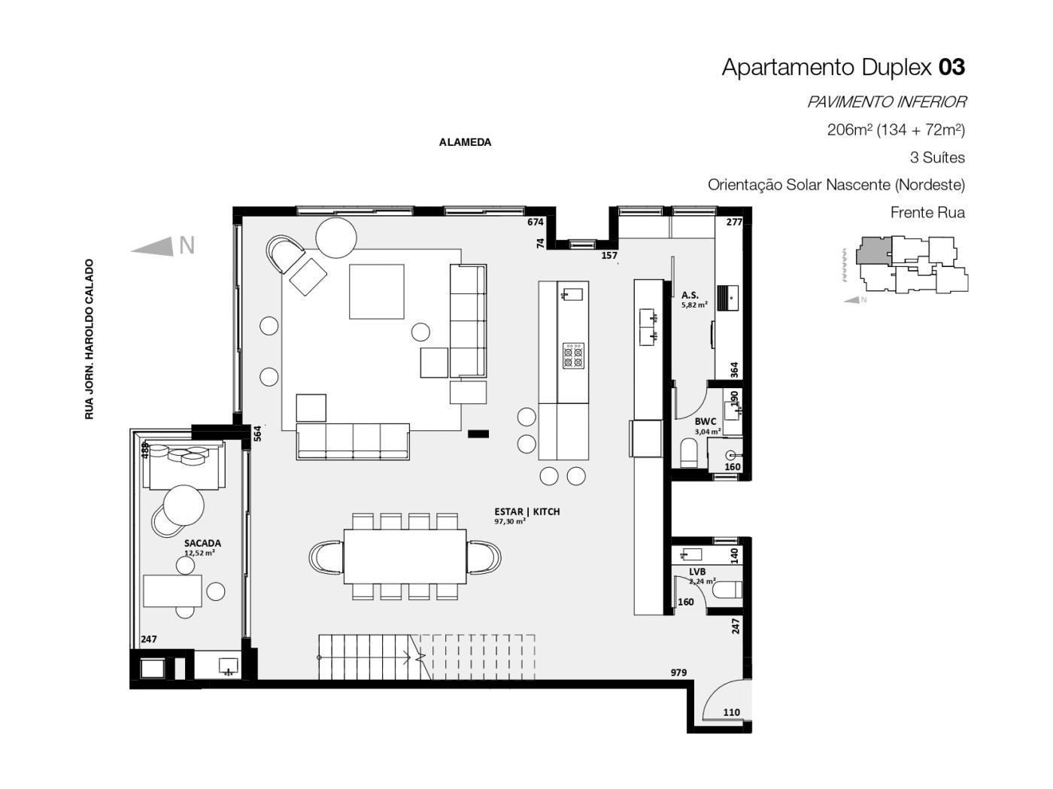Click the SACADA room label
(x=202, y=543)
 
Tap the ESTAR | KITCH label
(x=526, y=511)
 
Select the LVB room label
(x=696, y=571)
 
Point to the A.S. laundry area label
(x=690, y=295)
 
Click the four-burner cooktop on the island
(x=573, y=356)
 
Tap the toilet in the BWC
(x=689, y=453)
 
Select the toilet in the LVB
(x=727, y=590)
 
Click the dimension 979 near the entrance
(x=678, y=672)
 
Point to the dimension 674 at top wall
(x=535, y=222)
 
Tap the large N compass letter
(x=187, y=245)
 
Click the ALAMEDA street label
(x=465, y=142)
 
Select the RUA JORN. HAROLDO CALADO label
(x=89, y=339)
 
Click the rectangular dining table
(x=405, y=557)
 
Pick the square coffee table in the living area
(x=376, y=291)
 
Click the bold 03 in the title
(x=951, y=67)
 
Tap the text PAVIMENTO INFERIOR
(x=887, y=102)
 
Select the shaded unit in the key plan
(x=874, y=250)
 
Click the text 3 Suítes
(x=937, y=157)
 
